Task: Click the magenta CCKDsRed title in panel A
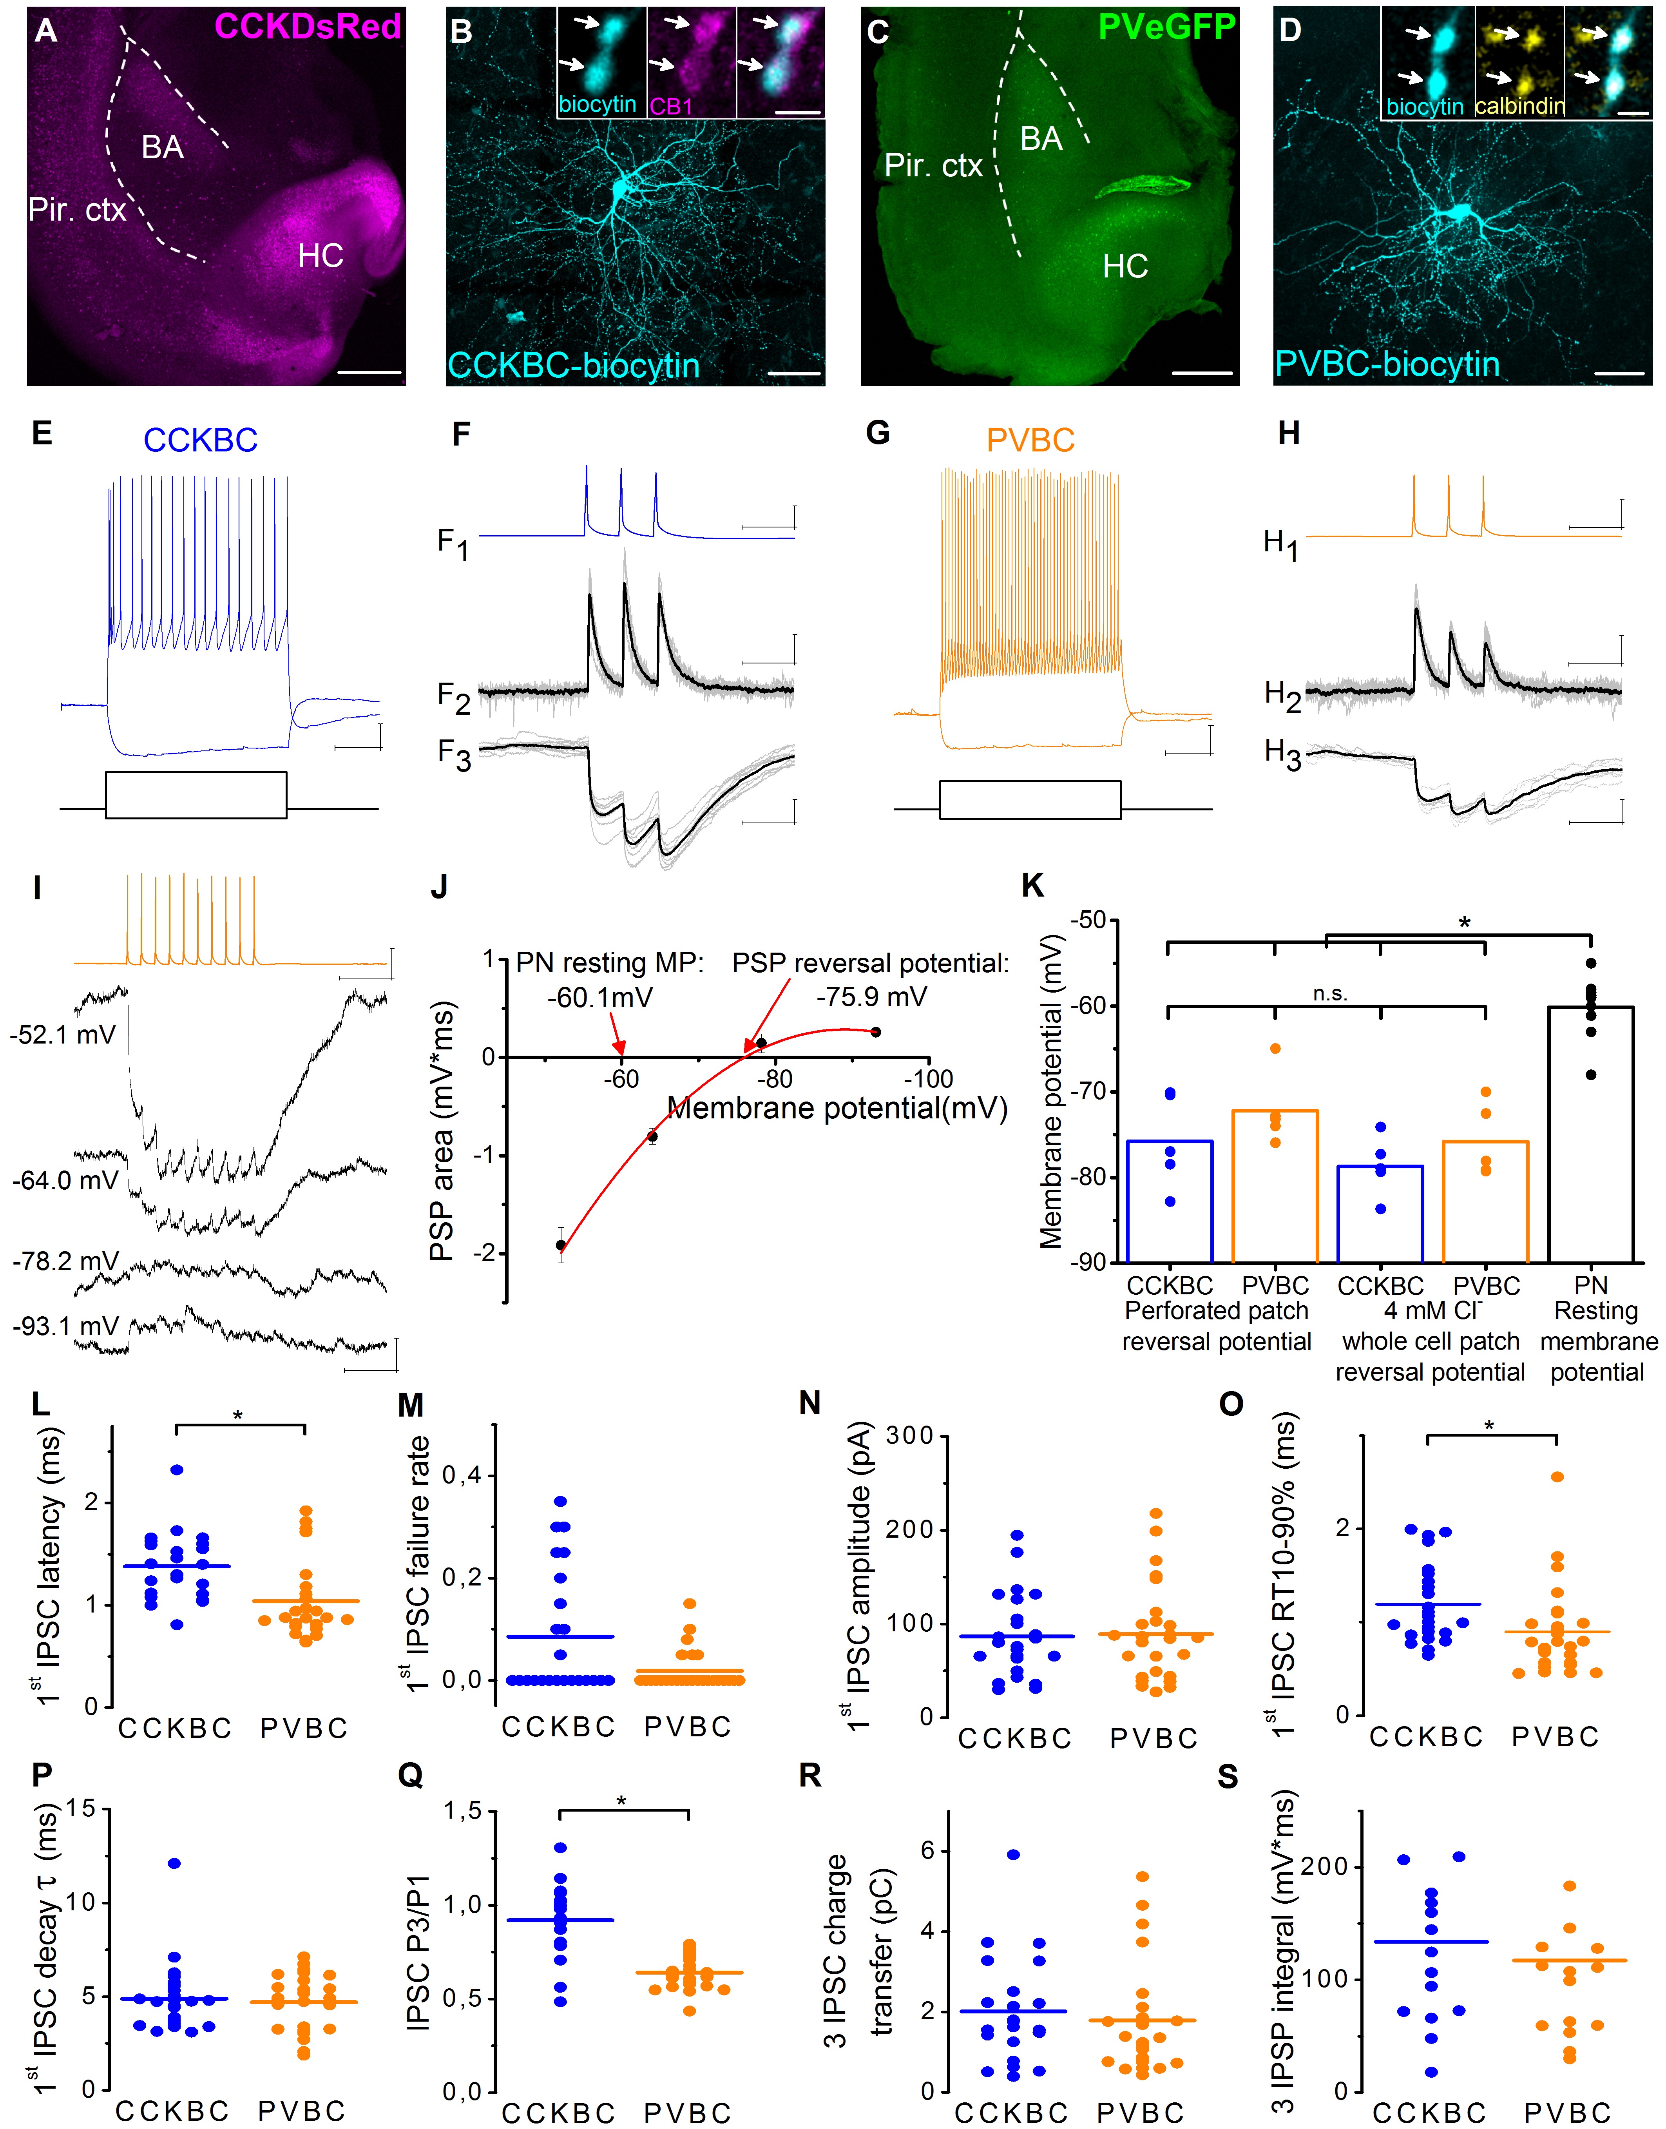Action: [307, 26]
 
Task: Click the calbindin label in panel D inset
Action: [1519, 105]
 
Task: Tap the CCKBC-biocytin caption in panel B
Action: [574, 366]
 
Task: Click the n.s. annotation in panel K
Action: [1329, 994]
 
